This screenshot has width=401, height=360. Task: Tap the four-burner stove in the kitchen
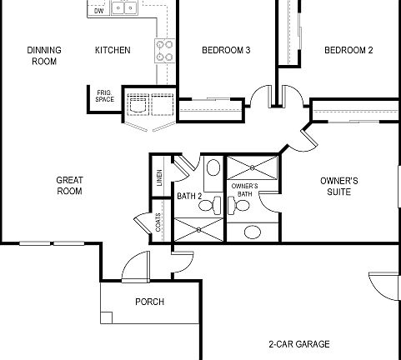pos(164,51)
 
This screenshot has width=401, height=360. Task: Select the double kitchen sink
pos(126,8)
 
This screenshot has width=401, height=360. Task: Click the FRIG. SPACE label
pos(105,97)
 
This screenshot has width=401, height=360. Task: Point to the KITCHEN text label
pos(112,51)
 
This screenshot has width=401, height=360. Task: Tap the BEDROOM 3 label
pos(227,51)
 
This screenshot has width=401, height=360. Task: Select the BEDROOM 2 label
pos(348,51)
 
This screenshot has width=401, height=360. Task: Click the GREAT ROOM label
pos(69,185)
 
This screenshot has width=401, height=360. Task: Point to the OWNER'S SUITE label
pos(339,185)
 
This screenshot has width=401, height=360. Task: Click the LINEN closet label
pos(158,178)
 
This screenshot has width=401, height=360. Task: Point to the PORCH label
pos(150,302)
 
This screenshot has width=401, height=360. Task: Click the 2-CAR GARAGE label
pos(298,344)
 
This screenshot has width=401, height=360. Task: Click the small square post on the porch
pos(106,316)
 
